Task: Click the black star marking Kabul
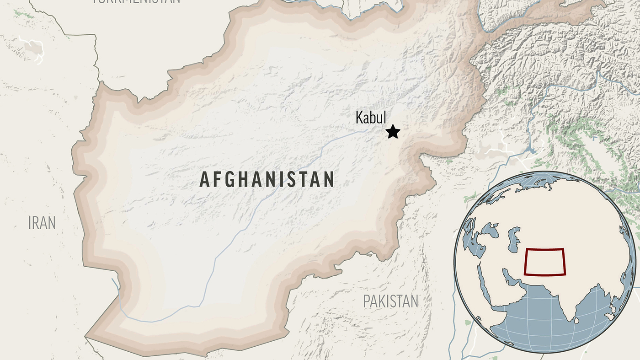[x=393, y=132]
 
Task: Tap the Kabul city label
[x=371, y=118]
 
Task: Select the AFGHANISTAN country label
[x=267, y=180]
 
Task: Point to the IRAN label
[x=42, y=223]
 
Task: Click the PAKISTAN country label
[x=391, y=301]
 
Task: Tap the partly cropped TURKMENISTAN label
[x=136, y=2]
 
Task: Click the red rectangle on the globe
[x=544, y=262]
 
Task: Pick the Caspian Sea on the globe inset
[x=514, y=237]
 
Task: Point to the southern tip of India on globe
[x=570, y=316]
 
